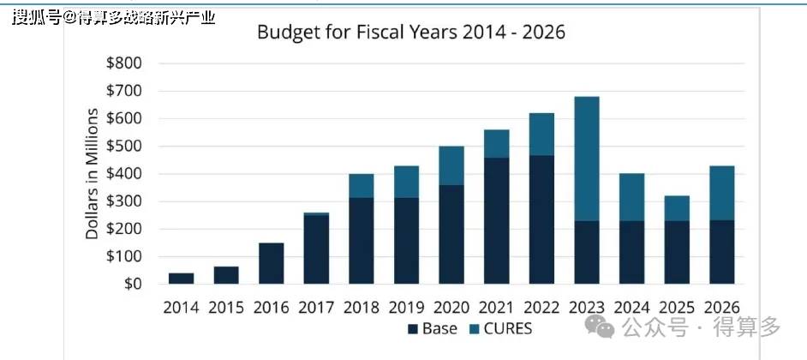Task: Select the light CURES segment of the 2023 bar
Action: pos(587,159)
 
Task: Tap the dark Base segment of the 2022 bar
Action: pos(541,219)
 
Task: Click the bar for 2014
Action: pos(181,278)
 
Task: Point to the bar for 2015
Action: pos(226,275)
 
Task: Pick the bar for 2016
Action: pos(272,263)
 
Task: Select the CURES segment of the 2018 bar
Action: pos(362,186)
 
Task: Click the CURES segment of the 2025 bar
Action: pos(677,208)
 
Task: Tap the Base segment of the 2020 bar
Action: pos(451,234)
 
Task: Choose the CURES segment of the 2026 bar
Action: pos(722,193)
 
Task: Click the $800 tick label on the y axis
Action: pos(123,63)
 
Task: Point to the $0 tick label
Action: pos(133,284)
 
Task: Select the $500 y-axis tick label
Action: pos(123,147)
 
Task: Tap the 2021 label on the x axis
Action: pos(497,308)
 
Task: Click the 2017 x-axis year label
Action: pos(316,308)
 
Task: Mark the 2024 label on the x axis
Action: pos(632,308)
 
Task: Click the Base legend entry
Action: pos(433,328)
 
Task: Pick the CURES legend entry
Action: pos(502,328)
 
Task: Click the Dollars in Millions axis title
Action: pos(92,174)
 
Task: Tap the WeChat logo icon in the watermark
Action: pos(601,327)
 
